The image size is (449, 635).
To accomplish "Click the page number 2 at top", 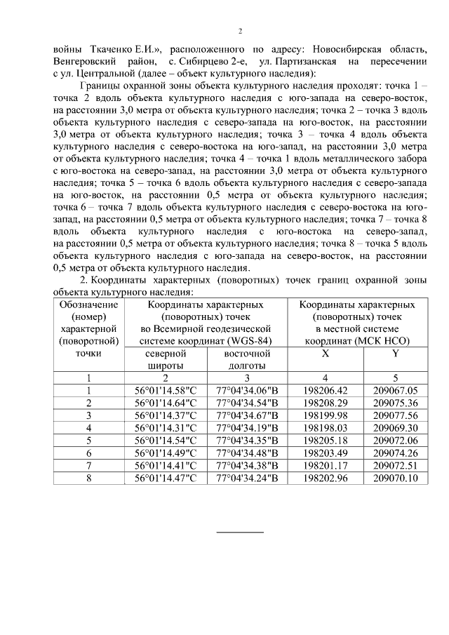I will pyautogui.click(x=240, y=32).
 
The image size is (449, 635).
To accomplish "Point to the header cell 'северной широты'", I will pyautogui.click(x=165, y=359).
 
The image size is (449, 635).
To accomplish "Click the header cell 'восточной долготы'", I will pyautogui.click(x=247, y=359).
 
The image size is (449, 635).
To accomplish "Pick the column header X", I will pyautogui.click(x=325, y=354).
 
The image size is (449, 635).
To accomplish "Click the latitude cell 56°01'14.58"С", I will pyautogui.click(x=165, y=391).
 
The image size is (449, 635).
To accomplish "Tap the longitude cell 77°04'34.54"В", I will pyautogui.click(x=247, y=403).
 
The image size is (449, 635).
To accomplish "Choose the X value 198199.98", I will pyautogui.click(x=325, y=415).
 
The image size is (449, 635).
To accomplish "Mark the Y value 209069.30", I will pyautogui.click(x=395, y=427).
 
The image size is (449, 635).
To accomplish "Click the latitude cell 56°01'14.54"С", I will pyautogui.click(x=165, y=440).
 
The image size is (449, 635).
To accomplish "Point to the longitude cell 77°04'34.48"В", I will pyautogui.click(x=247, y=453).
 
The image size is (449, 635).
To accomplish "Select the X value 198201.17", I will pyautogui.click(x=325, y=464).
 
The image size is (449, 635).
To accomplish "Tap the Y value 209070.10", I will pyautogui.click(x=395, y=477).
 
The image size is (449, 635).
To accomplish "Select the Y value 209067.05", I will pyautogui.click(x=395, y=391).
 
